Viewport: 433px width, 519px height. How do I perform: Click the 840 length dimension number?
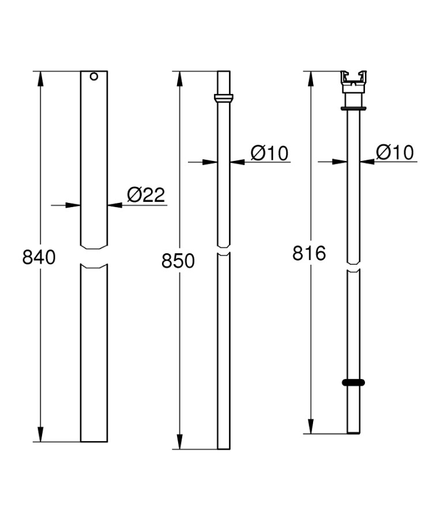pyautogui.click(x=39, y=257)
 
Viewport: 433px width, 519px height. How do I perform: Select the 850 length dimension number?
pyautogui.click(x=178, y=261)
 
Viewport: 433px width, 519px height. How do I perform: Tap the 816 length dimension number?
pyautogui.click(x=309, y=253)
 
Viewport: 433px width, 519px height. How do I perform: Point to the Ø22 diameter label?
pyautogui.click(x=146, y=195)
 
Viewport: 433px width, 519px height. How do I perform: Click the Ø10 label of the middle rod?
pyautogui.click(x=269, y=153)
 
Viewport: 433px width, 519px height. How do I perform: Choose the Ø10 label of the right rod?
pyautogui.click(x=395, y=153)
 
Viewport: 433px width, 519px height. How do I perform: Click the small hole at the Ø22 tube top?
pyautogui.click(x=94, y=77)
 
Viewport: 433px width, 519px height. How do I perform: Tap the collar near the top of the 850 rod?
pyautogui.click(x=224, y=98)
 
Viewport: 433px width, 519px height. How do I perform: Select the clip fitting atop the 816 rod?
pyautogui.click(x=353, y=82)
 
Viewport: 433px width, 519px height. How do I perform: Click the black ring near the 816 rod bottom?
pyautogui.click(x=353, y=383)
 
